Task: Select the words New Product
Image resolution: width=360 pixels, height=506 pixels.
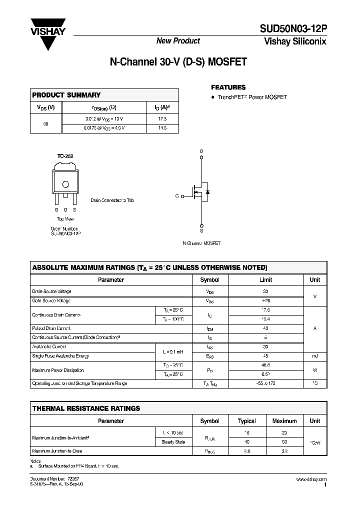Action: click(x=178, y=41)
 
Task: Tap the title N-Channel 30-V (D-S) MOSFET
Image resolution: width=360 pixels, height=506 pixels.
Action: click(x=178, y=63)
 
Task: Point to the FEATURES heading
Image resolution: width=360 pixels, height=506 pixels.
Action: click(x=228, y=87)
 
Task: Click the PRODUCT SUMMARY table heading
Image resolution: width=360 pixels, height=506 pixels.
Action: click(x=66, y=95)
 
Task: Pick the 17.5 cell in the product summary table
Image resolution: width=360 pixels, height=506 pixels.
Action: click(x=161, y=118)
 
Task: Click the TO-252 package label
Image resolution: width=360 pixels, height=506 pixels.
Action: click(x=65, y=156)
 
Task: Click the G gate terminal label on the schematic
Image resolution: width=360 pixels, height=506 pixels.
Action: click(x=177, y=196)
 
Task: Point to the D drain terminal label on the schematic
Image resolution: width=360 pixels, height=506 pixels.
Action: click(x=202, y=151)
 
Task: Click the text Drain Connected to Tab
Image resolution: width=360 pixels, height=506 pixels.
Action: click(x=112, y=200)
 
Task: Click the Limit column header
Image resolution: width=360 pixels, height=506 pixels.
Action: click(x=265, y=280)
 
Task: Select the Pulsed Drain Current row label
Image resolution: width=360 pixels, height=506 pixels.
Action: click(x=51, y=328)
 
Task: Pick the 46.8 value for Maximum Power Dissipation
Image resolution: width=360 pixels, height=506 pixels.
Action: click(x=265, y=365)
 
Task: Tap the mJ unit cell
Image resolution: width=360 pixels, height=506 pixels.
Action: click(x=314, y=356)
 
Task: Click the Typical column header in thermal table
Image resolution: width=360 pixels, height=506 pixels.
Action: click(x=247, y=421)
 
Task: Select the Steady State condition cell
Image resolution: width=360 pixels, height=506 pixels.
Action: click(x=173, y=442)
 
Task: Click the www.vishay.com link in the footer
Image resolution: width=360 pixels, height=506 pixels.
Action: click(x=311, y=479)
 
